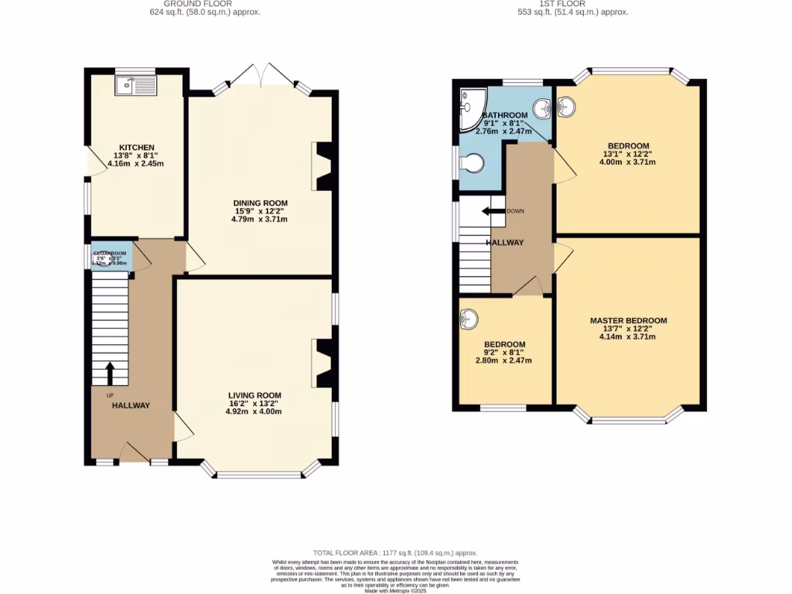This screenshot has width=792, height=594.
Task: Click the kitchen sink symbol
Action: pos(136,85)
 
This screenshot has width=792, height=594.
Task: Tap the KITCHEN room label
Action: pos(136,148)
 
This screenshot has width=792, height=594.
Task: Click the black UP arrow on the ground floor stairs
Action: pos(109,373)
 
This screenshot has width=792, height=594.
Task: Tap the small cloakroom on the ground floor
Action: pos(111,258)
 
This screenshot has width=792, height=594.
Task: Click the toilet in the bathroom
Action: pos(471,163)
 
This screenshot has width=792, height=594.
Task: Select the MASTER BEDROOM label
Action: pos(628,321)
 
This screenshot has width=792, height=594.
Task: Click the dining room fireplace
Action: pos(323,166)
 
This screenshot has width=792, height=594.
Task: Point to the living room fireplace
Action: pos(323,363)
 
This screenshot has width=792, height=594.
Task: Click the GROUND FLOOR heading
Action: pos(204,4)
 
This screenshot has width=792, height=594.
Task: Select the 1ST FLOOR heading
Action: pos(572,4)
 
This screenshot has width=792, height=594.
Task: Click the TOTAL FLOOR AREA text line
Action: pos(395,553)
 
